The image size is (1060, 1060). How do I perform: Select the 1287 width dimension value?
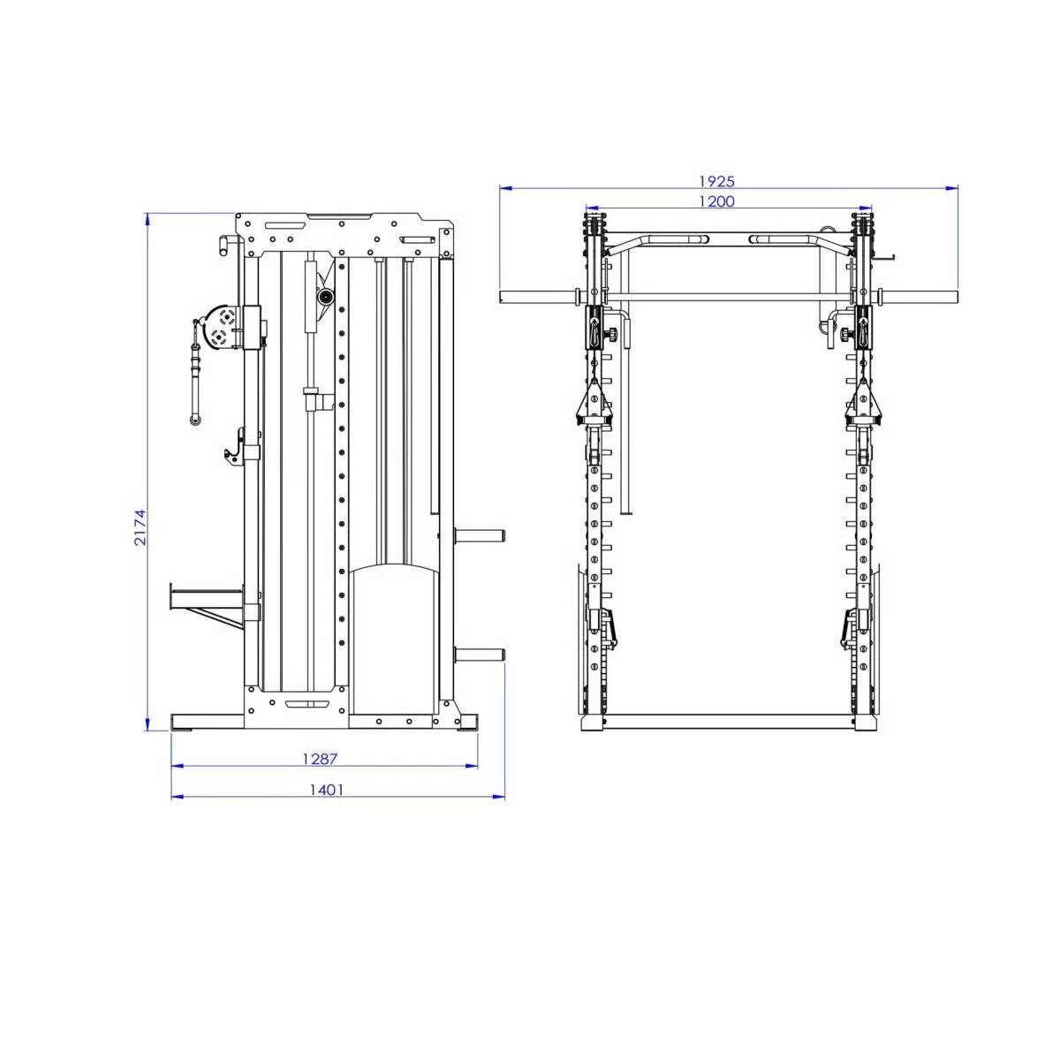(320, 758)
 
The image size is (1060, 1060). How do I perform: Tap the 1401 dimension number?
(326, 789)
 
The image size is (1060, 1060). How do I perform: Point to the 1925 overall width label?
(716, 181)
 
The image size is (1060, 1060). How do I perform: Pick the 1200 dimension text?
(716, 201)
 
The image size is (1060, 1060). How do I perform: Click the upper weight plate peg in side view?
(478, 535)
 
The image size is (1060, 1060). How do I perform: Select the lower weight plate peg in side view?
(478, 654)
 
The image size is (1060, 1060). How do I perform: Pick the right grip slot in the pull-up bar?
(774, 238)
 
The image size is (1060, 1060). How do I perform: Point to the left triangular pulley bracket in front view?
(594, 403)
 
